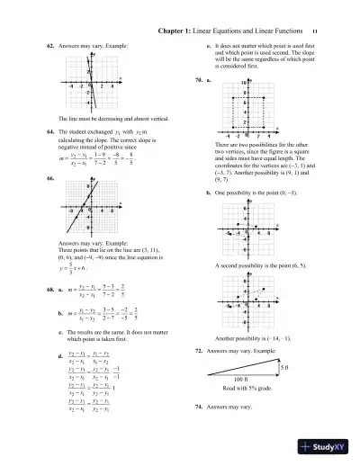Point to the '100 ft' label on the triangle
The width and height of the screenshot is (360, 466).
[x=248, y=381]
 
